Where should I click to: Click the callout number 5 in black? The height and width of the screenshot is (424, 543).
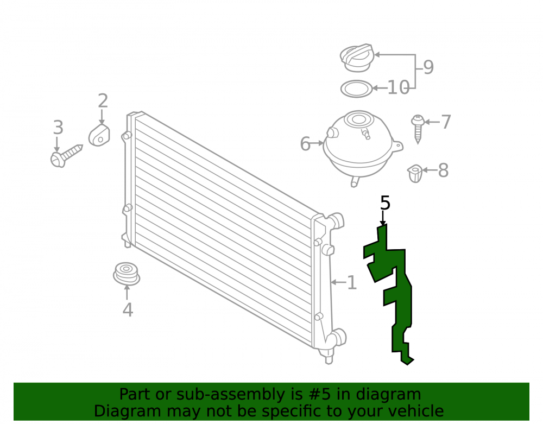[x=385, y=203]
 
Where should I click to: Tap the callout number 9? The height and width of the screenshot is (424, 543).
[x=428, y=67]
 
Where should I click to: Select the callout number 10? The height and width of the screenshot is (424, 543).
[x=398, y=87]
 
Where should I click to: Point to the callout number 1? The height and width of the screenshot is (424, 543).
[x=351, y=282]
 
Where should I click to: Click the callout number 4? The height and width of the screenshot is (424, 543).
[x=128, y=310]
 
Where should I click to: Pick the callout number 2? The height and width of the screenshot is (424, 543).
[x=103, y=101]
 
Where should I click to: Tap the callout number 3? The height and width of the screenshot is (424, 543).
[x=58, y=128]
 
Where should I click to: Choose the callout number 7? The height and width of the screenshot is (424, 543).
[x=446, y=122]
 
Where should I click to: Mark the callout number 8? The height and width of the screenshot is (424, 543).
[x=443, y=170]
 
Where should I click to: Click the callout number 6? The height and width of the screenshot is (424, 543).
[x=305, y=144]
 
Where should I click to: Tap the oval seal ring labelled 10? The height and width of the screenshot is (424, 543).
[x=356, y=89]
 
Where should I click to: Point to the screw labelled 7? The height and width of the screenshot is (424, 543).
[x=418, y=129]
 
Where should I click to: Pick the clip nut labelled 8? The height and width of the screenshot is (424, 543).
[x=415, y=173]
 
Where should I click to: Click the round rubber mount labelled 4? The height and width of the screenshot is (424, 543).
[x=127, y=274]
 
